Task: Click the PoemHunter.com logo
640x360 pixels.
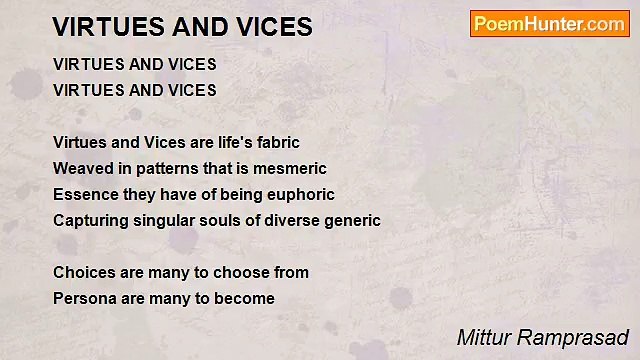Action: (549, 23)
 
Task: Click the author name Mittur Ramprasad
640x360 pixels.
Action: (542, 337)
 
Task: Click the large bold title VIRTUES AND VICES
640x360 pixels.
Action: (182, 27)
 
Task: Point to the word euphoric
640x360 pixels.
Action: (300, 194)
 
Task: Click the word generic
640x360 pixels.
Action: (351, 220)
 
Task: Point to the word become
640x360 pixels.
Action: (245, 298)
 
